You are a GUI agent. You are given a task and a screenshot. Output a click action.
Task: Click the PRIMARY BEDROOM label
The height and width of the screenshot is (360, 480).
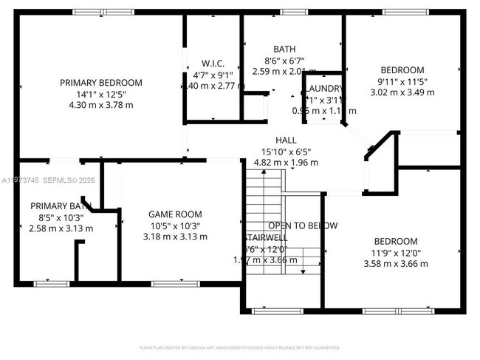[x=100, y=83]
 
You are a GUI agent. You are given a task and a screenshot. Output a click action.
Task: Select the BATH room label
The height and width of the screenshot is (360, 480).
[x=284, y=50]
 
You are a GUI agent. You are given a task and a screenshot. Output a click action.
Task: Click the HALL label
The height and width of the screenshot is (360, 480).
[x=286, y=140]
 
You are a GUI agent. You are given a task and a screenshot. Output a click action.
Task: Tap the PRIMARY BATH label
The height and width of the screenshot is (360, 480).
[x=60, y=206]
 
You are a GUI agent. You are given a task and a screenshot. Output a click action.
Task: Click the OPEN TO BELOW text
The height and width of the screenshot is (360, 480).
[x=303, y=225]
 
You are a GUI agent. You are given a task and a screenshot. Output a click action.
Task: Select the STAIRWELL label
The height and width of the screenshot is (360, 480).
[x=266, y=238]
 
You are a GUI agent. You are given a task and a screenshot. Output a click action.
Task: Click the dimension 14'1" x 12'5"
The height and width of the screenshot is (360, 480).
[x=100, y=94]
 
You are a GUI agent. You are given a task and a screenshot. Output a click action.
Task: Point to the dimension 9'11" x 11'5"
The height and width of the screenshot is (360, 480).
[x=402, y=82]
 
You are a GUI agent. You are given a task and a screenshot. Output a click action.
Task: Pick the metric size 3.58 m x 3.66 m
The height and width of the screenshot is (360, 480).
[x=395, y=263]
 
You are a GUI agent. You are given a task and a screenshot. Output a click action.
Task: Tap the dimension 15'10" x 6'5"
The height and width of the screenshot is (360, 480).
[x=286, y=152]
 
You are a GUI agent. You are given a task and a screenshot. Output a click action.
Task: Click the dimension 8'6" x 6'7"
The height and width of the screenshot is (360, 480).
[x=284, y=61]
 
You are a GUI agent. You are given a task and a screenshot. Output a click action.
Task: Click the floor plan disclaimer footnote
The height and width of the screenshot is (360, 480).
[x=240, y=347]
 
